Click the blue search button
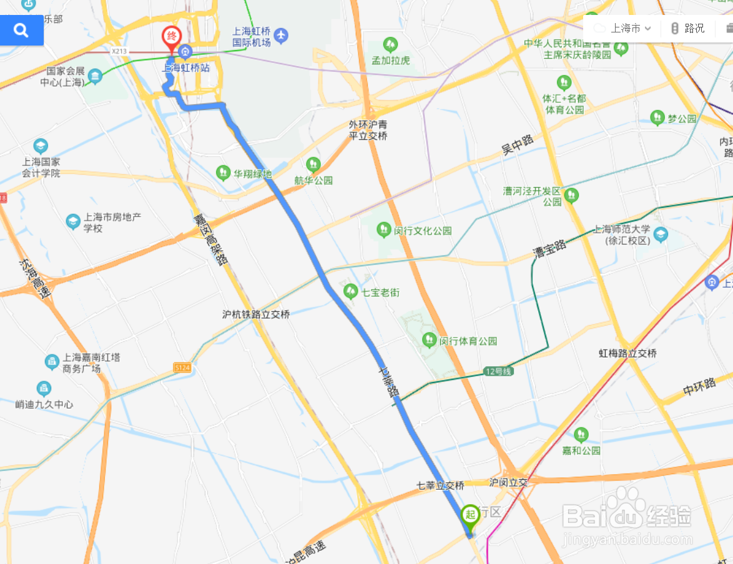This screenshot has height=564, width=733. click(x=21, y=30)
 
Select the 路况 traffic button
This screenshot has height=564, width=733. click(x=687, y=28)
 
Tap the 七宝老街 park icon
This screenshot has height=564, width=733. click(x=350, y=291)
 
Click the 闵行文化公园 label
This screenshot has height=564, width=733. click(x=423, y=230)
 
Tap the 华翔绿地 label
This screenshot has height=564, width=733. click(x=253, y=173)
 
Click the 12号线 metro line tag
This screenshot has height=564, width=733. click(x=498, y=372)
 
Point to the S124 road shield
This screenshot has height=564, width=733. click(x=182, y=369)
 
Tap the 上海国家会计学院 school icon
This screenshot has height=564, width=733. click(x=41, y=147)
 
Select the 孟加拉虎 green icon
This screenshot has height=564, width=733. click(x=390, y=44)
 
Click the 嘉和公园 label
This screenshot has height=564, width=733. click(x=581, y=450)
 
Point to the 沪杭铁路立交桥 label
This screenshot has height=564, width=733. click(x=256, y=314)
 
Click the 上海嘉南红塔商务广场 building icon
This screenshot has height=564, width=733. click(x=52, y=361)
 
